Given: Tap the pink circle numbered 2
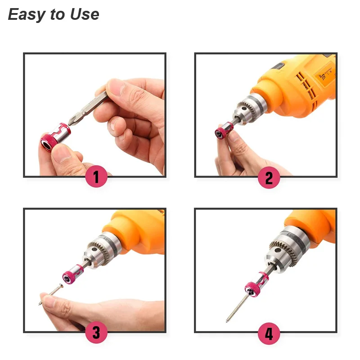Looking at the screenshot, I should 269,177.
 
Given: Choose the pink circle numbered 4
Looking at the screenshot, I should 269,333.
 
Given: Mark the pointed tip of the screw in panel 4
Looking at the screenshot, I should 227,321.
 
